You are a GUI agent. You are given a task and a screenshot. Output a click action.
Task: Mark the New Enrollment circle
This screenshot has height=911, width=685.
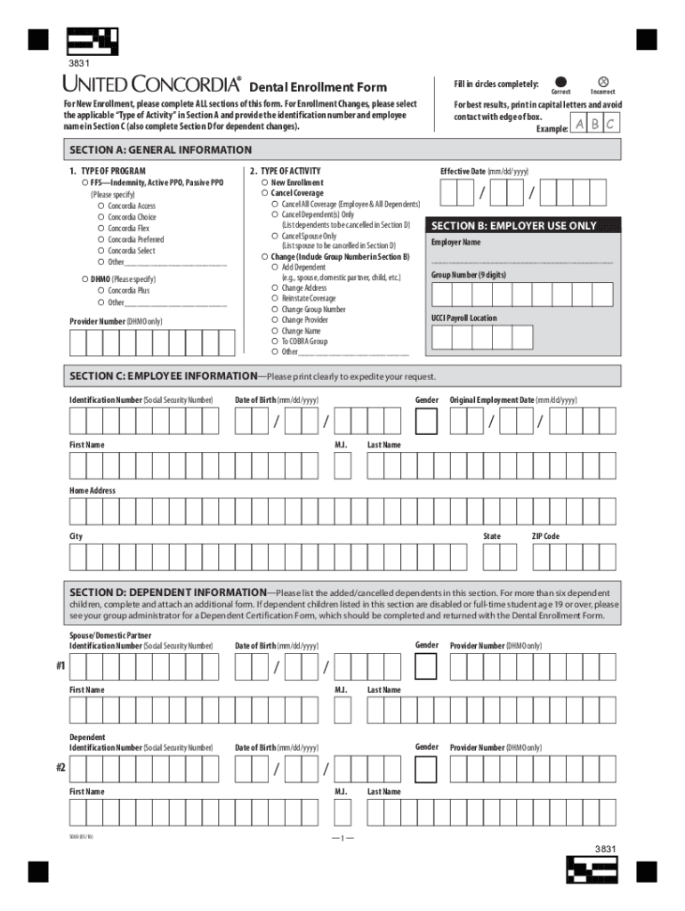[x=264, y=182]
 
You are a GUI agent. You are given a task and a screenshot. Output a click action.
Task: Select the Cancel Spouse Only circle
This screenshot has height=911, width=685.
[x=275, y=236]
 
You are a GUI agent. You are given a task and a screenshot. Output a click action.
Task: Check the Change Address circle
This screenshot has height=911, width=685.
[x=275, y=288]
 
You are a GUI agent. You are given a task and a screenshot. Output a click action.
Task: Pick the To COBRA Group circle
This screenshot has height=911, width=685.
[x=275, y=341]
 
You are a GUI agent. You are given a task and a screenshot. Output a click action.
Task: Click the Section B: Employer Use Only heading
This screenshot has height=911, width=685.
[x=513, y=226]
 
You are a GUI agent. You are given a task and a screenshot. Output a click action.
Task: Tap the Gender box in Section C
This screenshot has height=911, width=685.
[x=427, y=422]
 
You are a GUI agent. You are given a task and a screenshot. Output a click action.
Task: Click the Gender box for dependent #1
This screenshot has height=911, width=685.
[x=427, y=666]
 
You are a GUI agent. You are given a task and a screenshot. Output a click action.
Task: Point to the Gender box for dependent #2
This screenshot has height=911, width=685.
[x=427, y=768]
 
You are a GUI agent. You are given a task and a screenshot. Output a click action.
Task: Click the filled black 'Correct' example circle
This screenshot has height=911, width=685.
[x=560, y=81]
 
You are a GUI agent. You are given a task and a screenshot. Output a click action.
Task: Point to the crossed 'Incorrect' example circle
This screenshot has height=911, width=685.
[x=603, y=81]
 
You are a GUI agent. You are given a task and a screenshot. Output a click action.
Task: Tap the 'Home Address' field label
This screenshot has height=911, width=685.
[x=93, y=490]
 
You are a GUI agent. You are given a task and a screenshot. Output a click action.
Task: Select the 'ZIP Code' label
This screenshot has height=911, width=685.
[x=545, y=536]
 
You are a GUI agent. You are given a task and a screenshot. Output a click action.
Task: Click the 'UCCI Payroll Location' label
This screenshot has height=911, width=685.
[x=464, y=318]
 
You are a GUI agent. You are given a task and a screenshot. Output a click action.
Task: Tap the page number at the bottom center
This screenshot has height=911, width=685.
[x=342, y=839]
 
